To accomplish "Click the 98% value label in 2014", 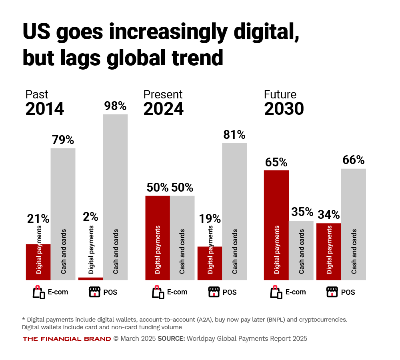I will click(115, 106).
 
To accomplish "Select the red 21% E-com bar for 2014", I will click(38, 262).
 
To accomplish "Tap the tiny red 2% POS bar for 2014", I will click(91, 278).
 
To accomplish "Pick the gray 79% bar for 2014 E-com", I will click(63, 214).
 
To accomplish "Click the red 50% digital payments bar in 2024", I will click(158, 238).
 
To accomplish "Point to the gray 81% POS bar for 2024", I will click(234, 211).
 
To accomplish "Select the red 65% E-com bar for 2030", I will click(276, 225).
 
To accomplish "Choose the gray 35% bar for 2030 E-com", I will click(301, 250).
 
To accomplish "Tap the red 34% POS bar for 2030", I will click(329, 251).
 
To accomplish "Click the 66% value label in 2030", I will click(354, 160).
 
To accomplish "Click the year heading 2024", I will click(164, 109).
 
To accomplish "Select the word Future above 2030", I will click(280, 94).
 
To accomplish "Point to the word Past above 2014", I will click(37, 94).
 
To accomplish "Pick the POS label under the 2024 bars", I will click(230, 292).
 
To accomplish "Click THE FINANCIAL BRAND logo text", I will click(67, 339).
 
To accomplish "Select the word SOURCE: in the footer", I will click(171, 339).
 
